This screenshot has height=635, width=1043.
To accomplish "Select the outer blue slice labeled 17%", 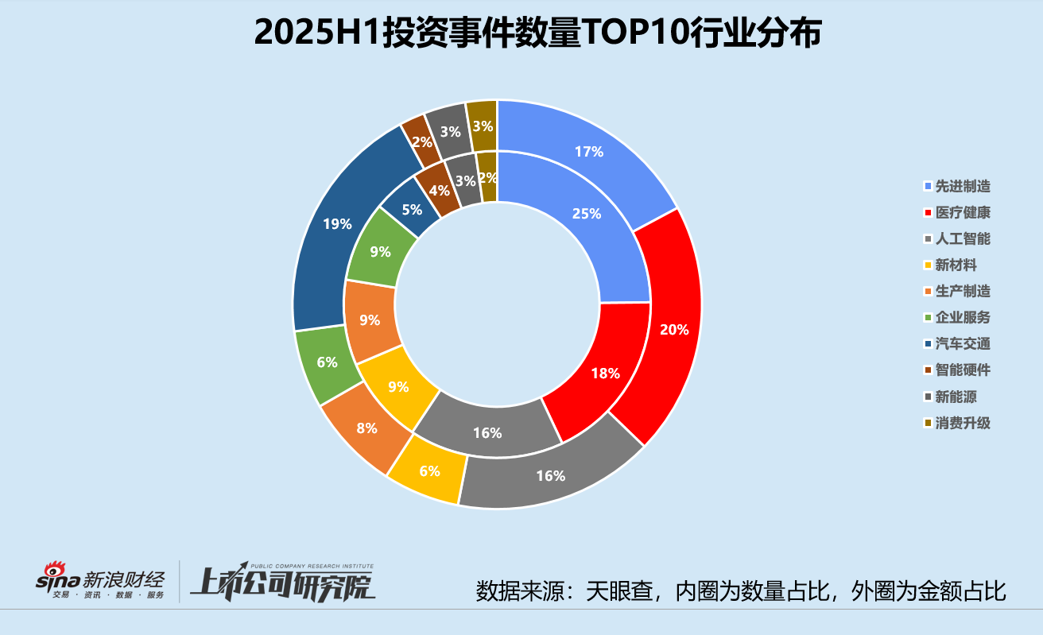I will (x=588, y=152).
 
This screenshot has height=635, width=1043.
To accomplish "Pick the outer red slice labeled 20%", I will (x=674, y=329).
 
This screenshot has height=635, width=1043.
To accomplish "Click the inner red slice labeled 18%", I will (x=606, y=373).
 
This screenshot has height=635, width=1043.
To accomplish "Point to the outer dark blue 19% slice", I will (x=337, y=224).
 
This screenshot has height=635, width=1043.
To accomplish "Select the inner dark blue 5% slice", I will (x=411, y=211).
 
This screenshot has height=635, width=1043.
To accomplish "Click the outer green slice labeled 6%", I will (x=327, y=362).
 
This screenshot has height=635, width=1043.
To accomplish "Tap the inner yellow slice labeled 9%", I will (x=398, y=387).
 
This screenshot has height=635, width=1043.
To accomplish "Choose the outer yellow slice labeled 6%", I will (x=430, y=470).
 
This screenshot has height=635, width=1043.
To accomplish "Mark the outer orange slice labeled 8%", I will (x=366, y=428).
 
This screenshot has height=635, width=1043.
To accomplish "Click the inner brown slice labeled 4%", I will (x=439, y=191).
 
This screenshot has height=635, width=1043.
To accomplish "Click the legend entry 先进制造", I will (x=963, y=187).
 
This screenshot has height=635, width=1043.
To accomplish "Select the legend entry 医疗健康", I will (x=963, y=213).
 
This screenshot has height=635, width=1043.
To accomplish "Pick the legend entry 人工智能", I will (x=963, y=239).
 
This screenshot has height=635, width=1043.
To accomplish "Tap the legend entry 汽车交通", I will (x=963, y=344).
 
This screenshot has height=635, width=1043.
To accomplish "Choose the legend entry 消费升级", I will (x=963, y=423).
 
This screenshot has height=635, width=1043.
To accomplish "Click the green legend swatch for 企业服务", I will (x=928, y=318).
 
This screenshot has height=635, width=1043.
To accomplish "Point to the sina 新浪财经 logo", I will (x=99, y=581).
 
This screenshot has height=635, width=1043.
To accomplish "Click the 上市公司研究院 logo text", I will (x=282, y=583).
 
